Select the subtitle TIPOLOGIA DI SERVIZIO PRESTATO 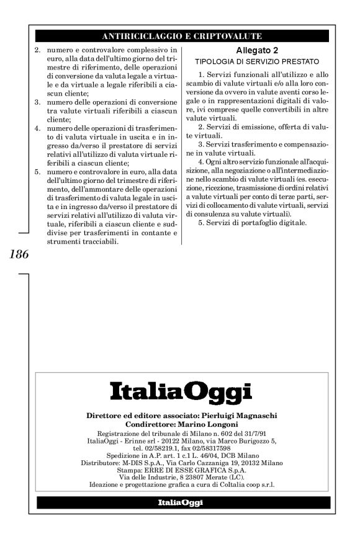tap(256, 62)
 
